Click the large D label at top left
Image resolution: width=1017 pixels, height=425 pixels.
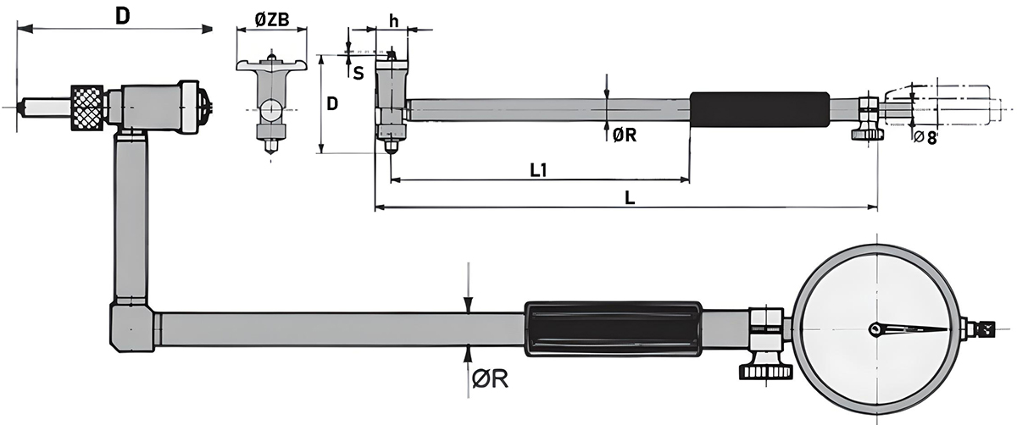click(122, 16)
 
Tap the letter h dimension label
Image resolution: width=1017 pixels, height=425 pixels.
click(394, 19)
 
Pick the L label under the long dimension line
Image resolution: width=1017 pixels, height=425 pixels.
click(629, 197)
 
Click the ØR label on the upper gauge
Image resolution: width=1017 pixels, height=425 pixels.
click(624, 134)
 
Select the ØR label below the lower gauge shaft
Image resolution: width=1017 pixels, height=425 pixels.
click(490, 380)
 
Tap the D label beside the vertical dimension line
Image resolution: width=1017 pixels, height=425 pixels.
click(333, 104)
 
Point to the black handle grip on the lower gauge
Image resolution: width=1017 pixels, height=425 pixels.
click(613, 329)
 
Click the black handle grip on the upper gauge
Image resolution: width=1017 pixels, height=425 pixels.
click(758, 109)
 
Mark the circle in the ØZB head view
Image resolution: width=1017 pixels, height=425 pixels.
click(270, 110)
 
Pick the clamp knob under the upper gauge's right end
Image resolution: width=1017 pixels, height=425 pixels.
click(866, 132)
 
